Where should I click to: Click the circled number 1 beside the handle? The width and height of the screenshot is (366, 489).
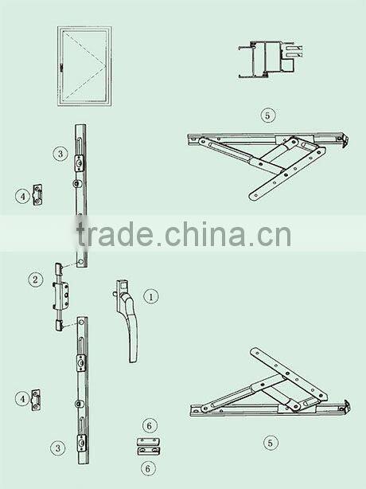click(151, 296)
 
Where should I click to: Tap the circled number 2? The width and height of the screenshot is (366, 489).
click(35, 279)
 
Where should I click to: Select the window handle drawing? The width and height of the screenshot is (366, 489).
click(126, 321)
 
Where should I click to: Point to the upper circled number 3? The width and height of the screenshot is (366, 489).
click(60, 154)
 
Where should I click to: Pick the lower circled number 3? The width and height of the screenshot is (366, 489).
click(58, 448)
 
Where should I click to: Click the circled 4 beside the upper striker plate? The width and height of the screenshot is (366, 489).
click(23, 197)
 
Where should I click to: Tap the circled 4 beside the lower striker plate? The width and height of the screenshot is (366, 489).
click(23, 399)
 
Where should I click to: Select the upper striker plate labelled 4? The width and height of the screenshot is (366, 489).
click(38, 194)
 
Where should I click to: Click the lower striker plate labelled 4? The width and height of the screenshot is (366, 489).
click(37, 400)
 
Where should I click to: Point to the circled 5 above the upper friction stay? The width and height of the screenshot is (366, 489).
click(268, 115)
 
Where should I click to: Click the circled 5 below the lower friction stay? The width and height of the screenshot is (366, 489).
click(270, 443)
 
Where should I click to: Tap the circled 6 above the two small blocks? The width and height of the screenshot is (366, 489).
click(150, 426)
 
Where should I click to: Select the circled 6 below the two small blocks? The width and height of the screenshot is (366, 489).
click(148, 468)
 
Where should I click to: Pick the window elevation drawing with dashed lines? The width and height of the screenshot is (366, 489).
click(84, 66)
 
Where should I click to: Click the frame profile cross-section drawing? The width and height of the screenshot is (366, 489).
click(270, 59)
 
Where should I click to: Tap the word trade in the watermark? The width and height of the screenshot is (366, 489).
click(115, 233)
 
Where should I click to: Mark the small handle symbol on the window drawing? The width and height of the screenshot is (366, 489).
click(61, 68)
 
